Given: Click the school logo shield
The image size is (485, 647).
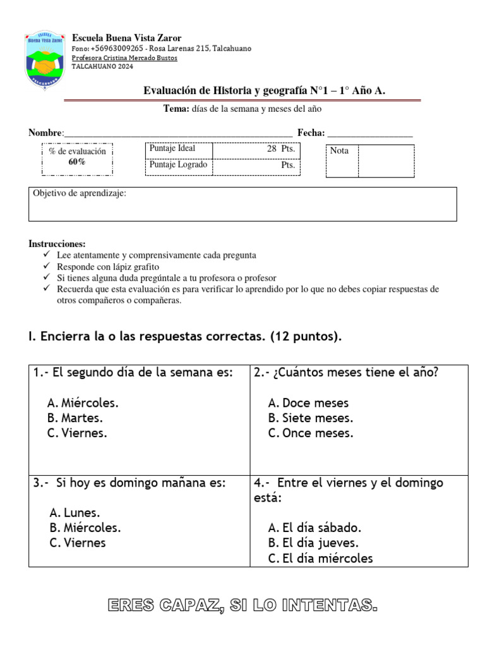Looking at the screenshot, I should click(44, 59).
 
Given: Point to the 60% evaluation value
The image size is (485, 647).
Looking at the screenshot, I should click(77, 162).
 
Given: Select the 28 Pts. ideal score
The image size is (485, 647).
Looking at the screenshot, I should click(280, 148).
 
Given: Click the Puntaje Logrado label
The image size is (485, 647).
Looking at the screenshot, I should click(178, 165).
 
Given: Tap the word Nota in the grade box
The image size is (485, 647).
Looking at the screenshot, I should click(339, 151).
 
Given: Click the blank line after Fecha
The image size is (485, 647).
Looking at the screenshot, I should click(370, 133).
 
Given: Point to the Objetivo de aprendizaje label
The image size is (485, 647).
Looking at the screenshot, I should click(80, 193).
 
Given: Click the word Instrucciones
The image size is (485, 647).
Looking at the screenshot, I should click(57, 244).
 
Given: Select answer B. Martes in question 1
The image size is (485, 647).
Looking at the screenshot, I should click(75, 418).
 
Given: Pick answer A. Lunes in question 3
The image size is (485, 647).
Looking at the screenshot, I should click(75, 512).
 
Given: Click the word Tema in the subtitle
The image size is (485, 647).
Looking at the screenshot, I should click(176, 109).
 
